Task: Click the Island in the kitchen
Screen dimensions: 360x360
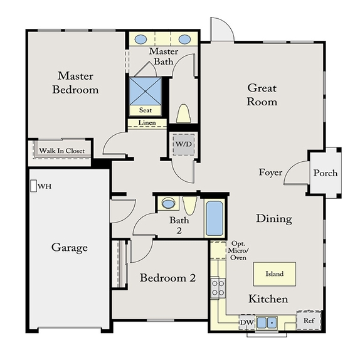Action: [274, 274]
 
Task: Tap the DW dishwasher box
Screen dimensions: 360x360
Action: [247, 322]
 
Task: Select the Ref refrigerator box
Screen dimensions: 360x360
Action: [309, 320]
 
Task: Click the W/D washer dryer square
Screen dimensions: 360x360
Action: [183, 144]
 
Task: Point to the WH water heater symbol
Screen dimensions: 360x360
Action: [33, 186]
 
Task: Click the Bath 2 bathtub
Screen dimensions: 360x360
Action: [214, 218]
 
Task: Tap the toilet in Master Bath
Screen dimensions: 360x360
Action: [183, 114]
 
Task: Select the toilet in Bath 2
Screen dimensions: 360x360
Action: [189, 206]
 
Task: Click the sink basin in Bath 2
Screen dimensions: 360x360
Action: [168, 203]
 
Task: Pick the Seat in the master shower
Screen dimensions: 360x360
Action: [146, 110]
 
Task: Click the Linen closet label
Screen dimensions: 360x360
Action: [147, 122]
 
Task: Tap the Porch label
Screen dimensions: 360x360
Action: [326, 173]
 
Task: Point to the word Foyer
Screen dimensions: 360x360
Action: [271, 172]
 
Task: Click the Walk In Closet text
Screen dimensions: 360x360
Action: [61, 151]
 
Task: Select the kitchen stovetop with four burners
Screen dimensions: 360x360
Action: [218, 288]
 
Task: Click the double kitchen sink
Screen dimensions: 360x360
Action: [267, 322]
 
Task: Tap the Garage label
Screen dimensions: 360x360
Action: [70, 248]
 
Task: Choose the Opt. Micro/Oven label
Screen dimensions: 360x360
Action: [238, 250]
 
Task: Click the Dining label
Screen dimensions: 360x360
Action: [274, 218]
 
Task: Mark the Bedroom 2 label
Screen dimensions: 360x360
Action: [167, 278]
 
